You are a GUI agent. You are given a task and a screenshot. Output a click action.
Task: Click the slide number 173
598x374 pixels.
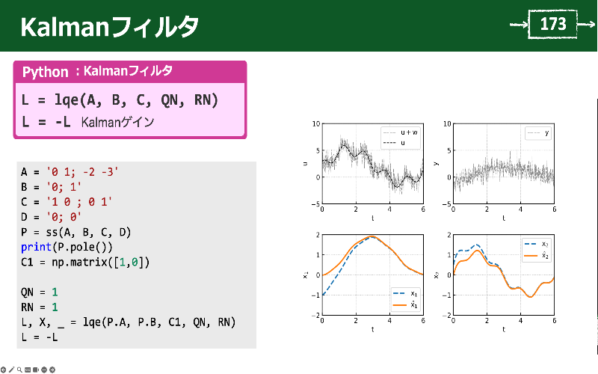point(553,25)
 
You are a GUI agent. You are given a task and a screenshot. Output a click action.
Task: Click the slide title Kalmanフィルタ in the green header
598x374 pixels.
point(109,27)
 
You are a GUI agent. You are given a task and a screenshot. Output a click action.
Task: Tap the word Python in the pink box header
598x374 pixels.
point(46,73)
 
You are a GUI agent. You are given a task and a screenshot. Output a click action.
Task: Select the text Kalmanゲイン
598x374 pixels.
point(117,122)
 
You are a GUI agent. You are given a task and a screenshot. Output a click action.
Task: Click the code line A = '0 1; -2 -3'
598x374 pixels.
point(70,172)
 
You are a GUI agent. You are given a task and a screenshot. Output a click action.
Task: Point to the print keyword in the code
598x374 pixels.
point(35,248)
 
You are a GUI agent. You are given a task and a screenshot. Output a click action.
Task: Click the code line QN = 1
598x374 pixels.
point(39,292)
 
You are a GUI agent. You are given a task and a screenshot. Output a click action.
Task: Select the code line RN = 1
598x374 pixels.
point(39,307)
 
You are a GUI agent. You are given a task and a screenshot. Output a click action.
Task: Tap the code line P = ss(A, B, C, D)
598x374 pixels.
point(75,233)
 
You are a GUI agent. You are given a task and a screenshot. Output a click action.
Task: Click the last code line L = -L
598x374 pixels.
point(39,337)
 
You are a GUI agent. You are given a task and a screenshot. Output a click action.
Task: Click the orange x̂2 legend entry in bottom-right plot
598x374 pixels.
point(538,255)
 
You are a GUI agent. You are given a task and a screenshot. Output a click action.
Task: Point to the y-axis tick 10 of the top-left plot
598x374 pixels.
point(316,123)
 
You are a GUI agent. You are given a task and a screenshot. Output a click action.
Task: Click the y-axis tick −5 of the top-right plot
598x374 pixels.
point(447,203)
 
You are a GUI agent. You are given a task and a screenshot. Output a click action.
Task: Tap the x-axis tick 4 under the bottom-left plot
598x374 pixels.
point(389,321)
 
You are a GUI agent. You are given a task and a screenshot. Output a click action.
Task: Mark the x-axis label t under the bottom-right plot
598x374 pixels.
point(503,329)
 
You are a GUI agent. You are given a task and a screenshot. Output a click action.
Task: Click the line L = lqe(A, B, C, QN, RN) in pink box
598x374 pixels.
point(120,99)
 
